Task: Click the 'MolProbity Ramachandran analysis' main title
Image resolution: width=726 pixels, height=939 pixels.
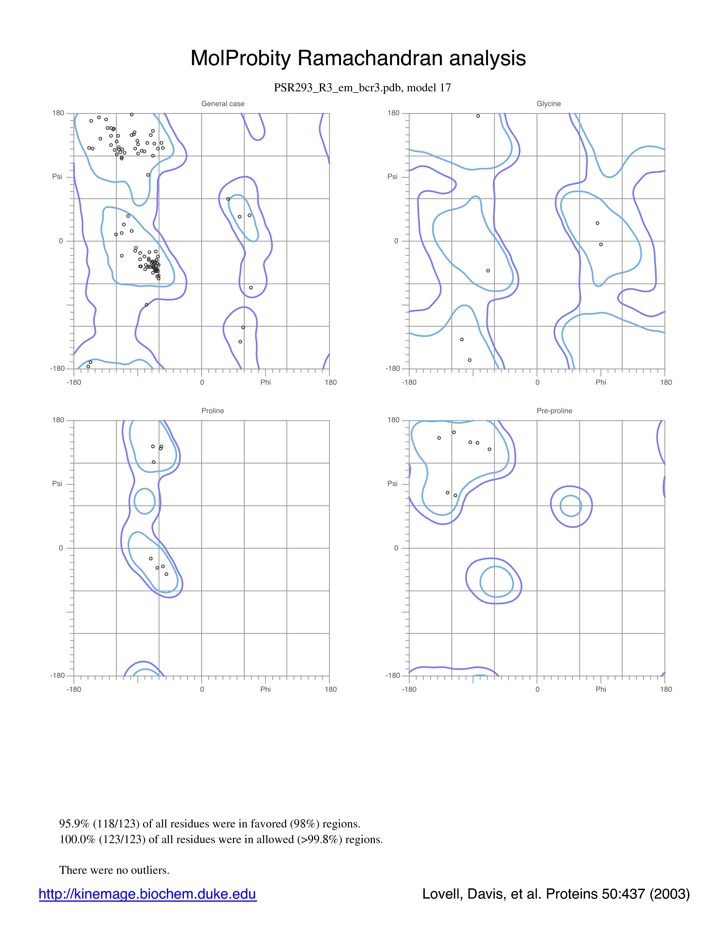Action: tap(358, 58)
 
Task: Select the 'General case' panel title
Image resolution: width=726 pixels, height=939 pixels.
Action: tap(223, 104)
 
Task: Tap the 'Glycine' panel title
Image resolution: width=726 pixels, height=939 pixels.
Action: tap(549, 104)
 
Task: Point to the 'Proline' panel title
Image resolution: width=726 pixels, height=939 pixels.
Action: tap(212, 411)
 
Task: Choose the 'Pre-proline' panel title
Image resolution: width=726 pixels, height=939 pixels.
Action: tap(554, 411)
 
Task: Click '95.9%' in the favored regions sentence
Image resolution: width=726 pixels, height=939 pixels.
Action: tap(74, 824)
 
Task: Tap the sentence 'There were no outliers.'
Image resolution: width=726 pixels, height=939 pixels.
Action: tap(114, 870)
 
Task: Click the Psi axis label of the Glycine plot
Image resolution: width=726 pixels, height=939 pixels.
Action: tap(392, 177)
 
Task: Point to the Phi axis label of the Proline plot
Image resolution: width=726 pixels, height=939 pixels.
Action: tap(265, 689)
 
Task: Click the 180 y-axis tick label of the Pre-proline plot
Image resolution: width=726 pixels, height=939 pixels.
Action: tap(393, 420)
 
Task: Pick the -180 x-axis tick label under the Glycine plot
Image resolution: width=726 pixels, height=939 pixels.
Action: tap(409, 382)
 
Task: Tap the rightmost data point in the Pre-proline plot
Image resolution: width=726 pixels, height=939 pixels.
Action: tap(489, 449)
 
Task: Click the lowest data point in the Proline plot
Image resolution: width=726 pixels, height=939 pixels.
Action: tap(167, 574)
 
